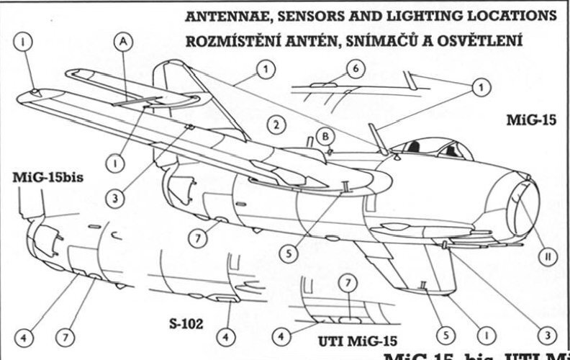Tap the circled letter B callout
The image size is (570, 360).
(x=325, y=136)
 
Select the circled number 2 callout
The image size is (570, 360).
(x=273, y=123)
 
